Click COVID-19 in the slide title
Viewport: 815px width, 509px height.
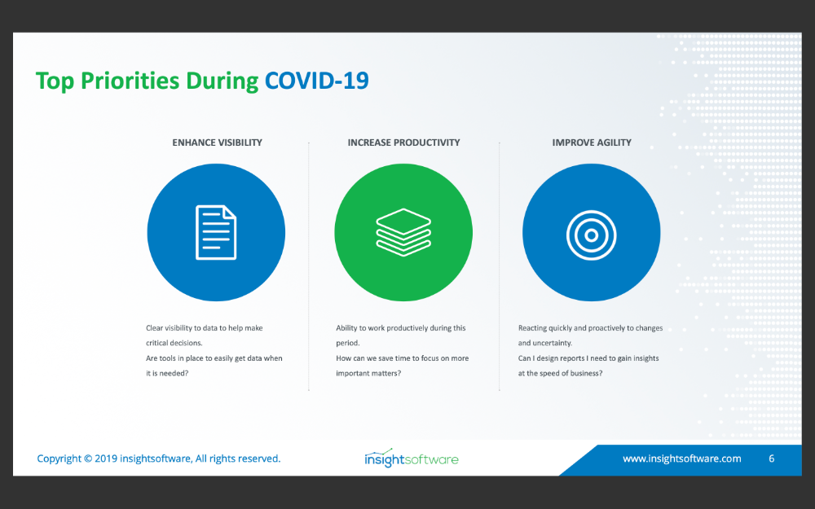(316, 81)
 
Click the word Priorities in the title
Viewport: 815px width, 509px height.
(130, 81)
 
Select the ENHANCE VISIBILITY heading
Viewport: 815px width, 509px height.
(218, 143)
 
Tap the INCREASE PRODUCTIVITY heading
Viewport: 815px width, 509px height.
(404, 143)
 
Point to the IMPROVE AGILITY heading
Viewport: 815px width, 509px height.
(592, 143)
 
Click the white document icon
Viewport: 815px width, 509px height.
(216, 232)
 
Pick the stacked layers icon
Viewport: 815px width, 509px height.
(403, 232)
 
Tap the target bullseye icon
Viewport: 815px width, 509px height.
(591, 235)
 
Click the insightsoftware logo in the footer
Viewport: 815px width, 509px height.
(411, 458)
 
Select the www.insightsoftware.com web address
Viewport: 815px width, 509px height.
(682, 459)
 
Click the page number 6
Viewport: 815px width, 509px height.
(771, 459)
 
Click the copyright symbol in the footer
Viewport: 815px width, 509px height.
(88, 459)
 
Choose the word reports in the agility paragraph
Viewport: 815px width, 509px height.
(572, 358)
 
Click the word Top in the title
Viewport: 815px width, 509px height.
(55, 81)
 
